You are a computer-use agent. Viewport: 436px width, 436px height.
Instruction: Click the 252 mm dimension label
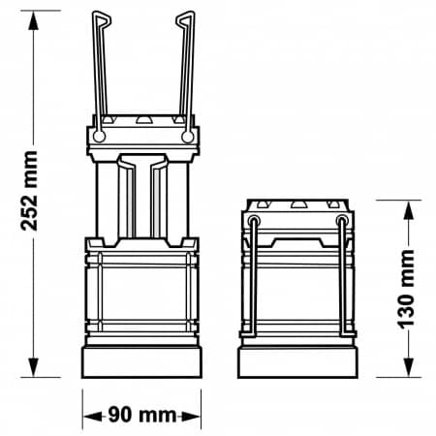pos(29,191)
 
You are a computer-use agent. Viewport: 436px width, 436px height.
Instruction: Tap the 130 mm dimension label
pos(406,289)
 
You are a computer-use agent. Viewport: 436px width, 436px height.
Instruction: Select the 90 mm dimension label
pos(142,415)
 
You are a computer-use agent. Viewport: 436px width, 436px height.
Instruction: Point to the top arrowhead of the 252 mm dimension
pos(33,20)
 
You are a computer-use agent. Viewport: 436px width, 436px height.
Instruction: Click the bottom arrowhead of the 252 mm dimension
pos(33,367)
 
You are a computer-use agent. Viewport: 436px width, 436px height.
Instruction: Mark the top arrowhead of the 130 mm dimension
pos(409,210)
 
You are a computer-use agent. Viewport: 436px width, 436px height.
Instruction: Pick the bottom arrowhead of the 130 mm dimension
pos(409,367)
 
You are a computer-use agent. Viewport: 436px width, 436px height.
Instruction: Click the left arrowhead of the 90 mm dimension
pos(93,417)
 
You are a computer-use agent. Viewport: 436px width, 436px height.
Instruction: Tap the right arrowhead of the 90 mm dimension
pos(191,417)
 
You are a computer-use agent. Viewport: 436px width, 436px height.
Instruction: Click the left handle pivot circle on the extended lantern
pos(99,137)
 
